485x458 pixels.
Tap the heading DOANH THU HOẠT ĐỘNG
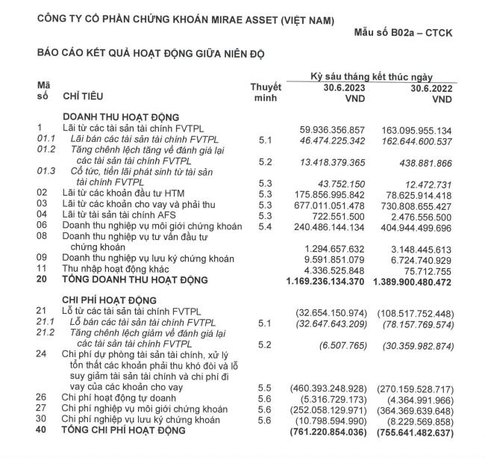click(121, 117)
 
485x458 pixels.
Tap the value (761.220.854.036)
click(323, 431)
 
